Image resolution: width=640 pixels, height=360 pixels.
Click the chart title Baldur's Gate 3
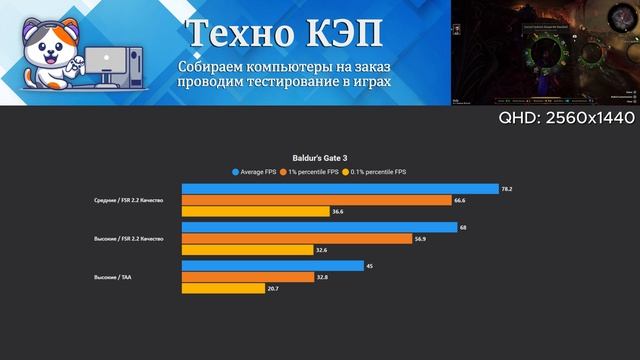pyautogui.click(x=320, y=157)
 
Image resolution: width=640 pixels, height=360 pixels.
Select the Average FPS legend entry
pyautogui.click(x=256, y=171)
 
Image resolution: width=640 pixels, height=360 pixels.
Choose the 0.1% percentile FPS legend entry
pyautogui.click(x=376, y=171)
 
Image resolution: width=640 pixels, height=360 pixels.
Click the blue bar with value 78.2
pyautogui.click(x=340, y=189)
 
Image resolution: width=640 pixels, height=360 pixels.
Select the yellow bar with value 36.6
pyautogui.click(x=256, y=211)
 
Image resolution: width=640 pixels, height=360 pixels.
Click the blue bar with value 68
pyautogui.click(x=320, y=227)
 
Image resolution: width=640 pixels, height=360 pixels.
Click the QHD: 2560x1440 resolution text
pyautogui.click(x=566, y=118)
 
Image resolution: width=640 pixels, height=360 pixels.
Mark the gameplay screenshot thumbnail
pyautogui.click(x=545, y=52)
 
